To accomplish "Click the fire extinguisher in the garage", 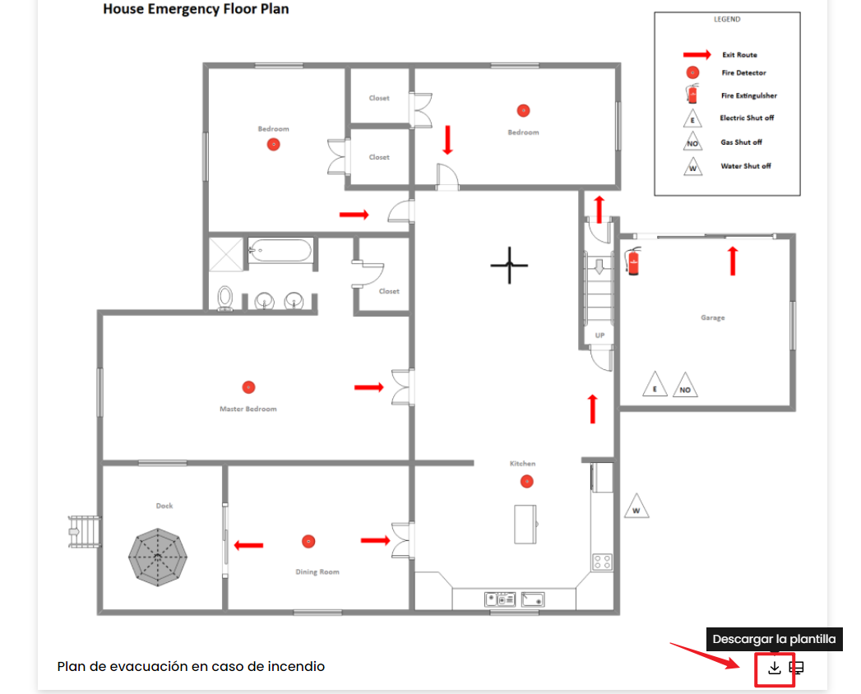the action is (x=633, y=261).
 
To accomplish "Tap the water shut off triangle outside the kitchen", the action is (x=636, y=507).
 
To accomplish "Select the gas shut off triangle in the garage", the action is (x=685, y=385).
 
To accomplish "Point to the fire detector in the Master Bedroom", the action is (x=248, y=387).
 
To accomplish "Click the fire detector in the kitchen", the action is (x=526, y=482).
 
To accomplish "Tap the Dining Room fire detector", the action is (x=308, y=541).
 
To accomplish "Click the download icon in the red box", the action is (x=774, y=668).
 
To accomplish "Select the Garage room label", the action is (x=713, y=317).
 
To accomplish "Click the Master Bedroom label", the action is (x=248, y=409).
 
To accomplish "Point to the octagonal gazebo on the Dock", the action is (x=158, y=558).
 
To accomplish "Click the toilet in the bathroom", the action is (x=225, y=298).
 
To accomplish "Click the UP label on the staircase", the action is (x=599, y=335).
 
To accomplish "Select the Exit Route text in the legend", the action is (x=739, y=55).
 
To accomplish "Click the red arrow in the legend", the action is (x=697, y=54).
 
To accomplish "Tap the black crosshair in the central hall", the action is (x=509, y=266).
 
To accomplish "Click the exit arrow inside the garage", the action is (x=733, y=261).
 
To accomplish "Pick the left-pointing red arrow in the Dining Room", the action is (x=248, y=545).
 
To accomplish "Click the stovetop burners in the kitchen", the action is (x=602, y=562).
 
